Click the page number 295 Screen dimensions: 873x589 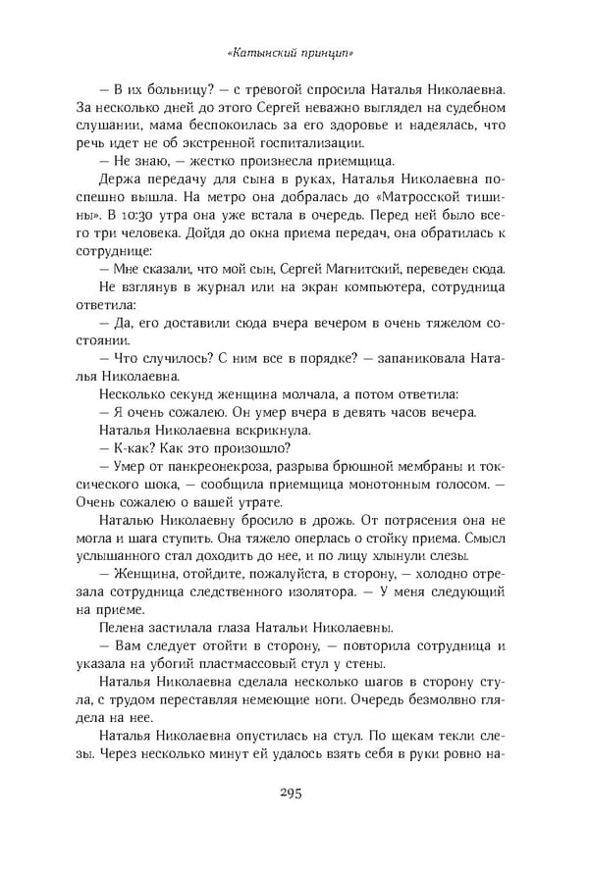click(294, 819)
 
